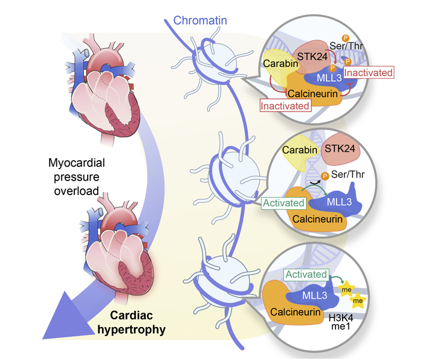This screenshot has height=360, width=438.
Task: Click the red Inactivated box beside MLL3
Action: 370,73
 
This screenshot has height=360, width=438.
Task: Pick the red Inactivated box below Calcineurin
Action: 285,106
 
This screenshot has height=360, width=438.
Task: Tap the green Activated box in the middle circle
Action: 284,203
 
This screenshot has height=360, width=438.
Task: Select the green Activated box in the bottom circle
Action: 306,274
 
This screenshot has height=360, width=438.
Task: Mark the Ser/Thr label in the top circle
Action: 362,46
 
